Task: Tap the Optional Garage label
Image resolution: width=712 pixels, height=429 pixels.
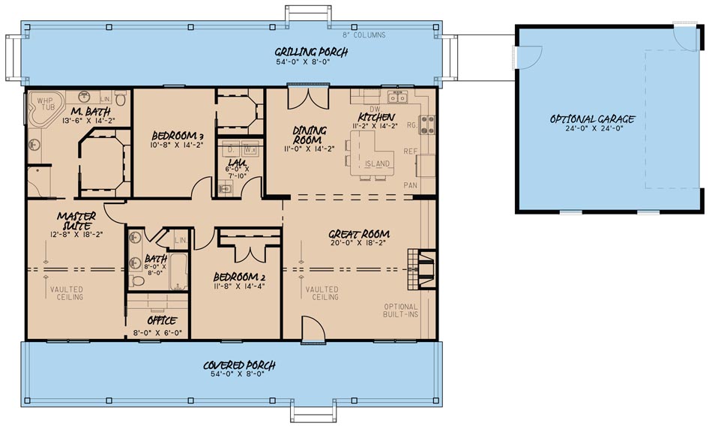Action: coord(592,118)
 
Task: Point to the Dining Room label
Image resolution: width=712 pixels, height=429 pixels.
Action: coord(308,135)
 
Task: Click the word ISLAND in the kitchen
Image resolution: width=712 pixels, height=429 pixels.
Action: coord(377,163)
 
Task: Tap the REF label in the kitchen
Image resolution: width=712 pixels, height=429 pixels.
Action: coord(411,151)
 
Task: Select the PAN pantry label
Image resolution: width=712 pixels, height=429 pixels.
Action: coord(411,184)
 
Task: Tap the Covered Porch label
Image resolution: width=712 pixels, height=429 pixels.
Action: coord(240,365)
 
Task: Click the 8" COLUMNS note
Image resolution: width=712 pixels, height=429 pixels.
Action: coord(364,34)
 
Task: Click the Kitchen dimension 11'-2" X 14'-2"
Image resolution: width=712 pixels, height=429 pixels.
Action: coord(378,126)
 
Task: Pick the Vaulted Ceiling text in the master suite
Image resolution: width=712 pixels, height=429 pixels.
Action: coord(67,292)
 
